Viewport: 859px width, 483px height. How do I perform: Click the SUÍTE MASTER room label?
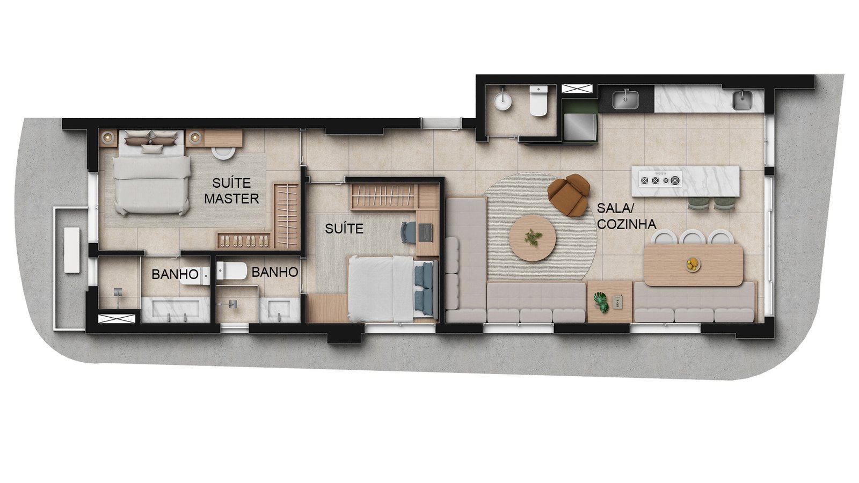coord(231,191)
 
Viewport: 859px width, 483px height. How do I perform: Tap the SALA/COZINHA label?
coord(626,216)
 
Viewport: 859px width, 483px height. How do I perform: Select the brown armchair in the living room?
coord(569,195)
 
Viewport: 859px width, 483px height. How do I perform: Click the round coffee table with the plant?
coord(533,238)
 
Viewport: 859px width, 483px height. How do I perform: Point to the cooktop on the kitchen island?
coord(660,180)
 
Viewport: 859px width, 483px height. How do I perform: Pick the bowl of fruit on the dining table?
coord(692,264)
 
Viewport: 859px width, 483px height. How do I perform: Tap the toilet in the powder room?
coord(538,101)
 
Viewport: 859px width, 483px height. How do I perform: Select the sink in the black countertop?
coord(625,99)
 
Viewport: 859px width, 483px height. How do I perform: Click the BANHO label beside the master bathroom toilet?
coord(174,274)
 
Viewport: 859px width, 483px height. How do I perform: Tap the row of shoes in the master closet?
coord(243,240)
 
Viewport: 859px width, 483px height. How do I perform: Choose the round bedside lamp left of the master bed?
coord(107,136)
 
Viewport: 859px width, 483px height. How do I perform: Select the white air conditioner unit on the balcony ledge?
coord(72,250)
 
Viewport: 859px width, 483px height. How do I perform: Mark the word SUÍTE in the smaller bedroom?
coord(344,229)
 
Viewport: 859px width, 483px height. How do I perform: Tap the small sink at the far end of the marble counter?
coord(743,100)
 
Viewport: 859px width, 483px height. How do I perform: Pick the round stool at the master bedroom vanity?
coord(223,153)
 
